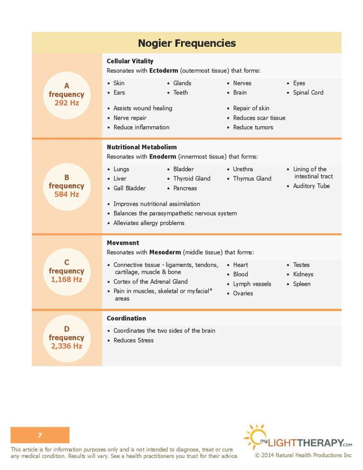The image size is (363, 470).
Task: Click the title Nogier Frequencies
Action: (186, 43)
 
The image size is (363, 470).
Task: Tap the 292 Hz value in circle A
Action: (67, 103)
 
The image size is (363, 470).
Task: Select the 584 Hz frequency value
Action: (67, 194)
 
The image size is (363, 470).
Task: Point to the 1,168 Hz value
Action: (67, 279)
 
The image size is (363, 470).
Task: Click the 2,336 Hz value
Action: (67, 346)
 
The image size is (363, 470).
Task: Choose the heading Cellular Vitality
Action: (130, 61)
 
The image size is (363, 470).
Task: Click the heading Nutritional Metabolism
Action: (142, 147)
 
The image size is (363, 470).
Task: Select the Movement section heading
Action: (123, 243)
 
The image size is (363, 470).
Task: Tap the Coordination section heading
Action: (126, 318)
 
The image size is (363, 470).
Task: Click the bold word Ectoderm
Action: (163, 71)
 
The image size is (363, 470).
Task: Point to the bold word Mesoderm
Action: (165, 252)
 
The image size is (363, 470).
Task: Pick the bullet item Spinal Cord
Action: (308, 93)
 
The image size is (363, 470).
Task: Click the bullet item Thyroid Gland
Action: (191, 178)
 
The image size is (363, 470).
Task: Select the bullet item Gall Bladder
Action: (129, 188)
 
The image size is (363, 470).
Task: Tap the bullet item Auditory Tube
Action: (311, 186)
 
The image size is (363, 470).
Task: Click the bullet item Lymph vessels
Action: (252, 284)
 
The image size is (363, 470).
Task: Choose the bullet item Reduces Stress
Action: (133, 340)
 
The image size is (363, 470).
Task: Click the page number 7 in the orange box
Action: (40, 435)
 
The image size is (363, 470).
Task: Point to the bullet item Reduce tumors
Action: (253, 128)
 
